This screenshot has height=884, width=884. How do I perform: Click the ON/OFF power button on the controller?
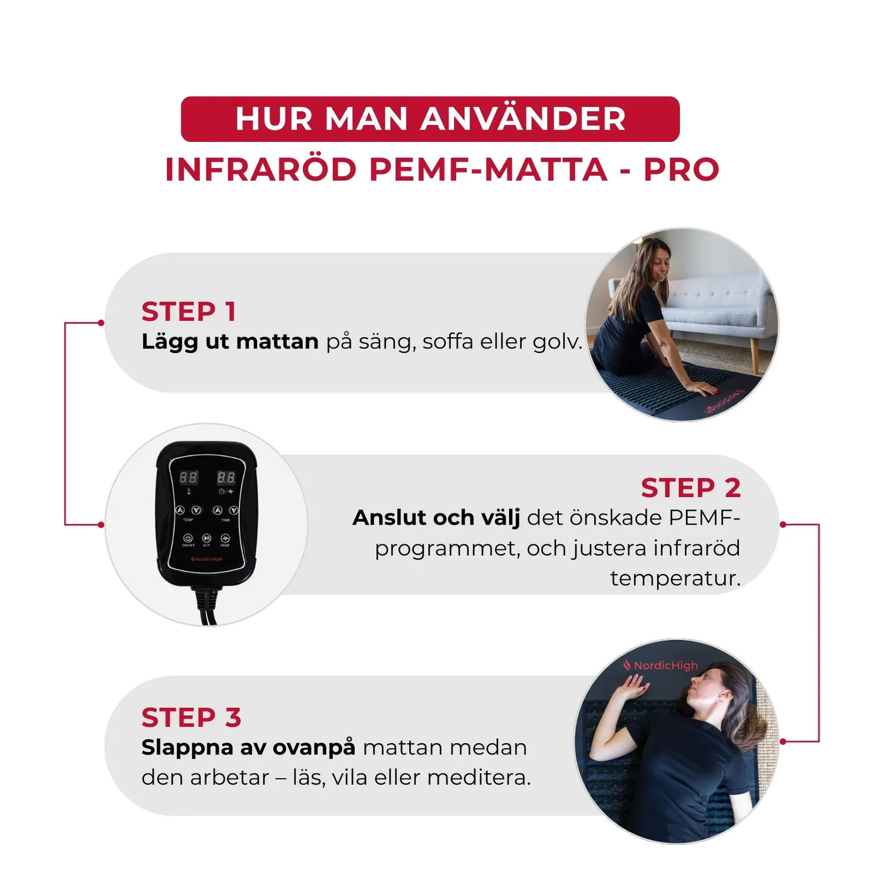coord(188,538)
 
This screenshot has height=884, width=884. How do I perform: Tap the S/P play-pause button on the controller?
coord(206,538)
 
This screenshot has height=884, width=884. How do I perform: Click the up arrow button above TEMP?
coord(180,510)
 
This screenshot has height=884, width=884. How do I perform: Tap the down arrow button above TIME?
coord(233,510)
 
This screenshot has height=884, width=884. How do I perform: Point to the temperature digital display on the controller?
coord(188,477)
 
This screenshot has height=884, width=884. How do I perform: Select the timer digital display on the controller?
coord(226,477)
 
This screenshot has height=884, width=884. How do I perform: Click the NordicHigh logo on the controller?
coord(207,559)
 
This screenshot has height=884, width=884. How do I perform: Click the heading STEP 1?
coord(188,312)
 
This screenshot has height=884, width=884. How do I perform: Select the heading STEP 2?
coord(690,488)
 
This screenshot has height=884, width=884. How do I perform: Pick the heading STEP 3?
coord(191,718)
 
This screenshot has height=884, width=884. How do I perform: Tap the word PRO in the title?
coord(681,170)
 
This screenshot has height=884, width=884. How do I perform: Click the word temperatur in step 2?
coord(674,578)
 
